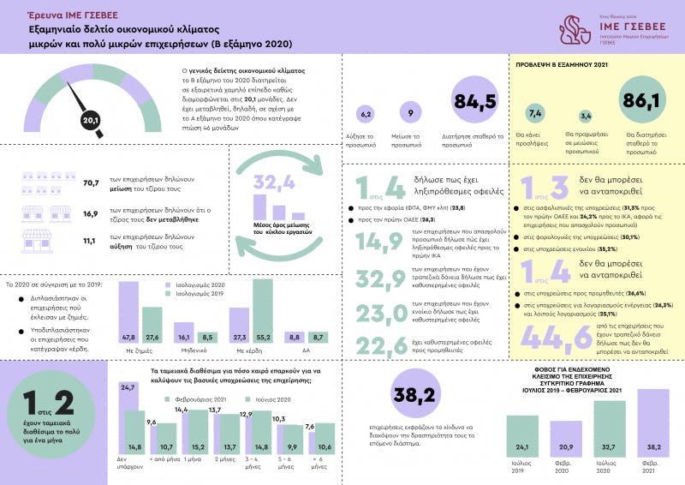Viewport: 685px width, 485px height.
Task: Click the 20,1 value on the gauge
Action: click(x=91, y=120)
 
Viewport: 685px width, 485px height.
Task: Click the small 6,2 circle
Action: click(x=366, y=113)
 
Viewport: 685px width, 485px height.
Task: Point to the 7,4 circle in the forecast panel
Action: click(x=535, y=113)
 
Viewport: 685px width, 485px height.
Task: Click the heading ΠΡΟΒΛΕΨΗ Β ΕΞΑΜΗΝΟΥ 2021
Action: click(x=560, y=64)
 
